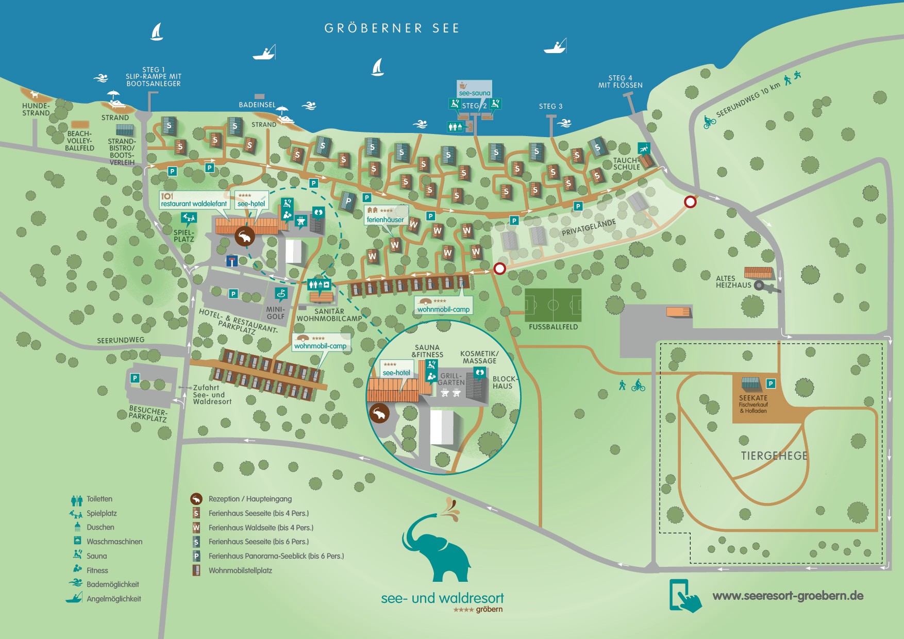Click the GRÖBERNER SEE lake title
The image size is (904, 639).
point(391,28)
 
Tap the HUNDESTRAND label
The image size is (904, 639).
point(36,109)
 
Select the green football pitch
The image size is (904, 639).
point(553,305)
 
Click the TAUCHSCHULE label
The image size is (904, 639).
point(626,164)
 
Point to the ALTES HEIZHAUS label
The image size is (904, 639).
point(733,282)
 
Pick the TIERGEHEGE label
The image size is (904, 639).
point(774,456)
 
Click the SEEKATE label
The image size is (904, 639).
point(753,398)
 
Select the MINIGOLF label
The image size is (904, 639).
point(276,313)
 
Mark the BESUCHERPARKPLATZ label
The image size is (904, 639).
point(148,414)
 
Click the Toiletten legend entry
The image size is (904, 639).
point(99,499)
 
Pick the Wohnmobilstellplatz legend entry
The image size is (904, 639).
point(240,570)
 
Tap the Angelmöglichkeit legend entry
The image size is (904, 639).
point(113,599)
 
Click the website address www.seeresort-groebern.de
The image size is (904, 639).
point(788,596)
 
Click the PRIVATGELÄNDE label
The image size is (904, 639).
point(589,228)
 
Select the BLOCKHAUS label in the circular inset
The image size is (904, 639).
point(503,382)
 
